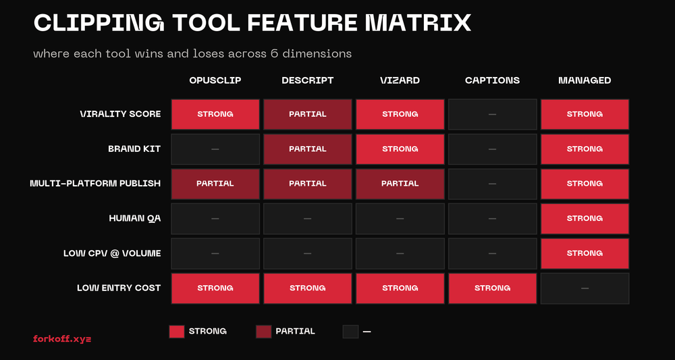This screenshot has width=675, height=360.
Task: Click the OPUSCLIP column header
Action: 215,80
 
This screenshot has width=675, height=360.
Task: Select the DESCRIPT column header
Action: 307,80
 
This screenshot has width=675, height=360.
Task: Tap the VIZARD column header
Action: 400,80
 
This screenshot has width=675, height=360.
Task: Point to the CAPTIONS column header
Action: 492,80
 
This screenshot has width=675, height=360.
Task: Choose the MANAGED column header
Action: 585,80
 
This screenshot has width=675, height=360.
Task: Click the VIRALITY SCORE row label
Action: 120,114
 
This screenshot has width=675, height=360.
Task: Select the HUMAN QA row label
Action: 134,218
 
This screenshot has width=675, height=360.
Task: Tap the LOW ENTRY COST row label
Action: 119,288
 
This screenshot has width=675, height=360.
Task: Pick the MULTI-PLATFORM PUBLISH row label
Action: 95,184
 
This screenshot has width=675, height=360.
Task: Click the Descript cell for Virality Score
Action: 307,114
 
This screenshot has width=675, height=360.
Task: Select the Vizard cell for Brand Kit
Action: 400,149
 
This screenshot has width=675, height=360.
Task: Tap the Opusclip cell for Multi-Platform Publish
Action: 215,184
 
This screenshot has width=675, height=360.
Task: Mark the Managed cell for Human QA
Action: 585,218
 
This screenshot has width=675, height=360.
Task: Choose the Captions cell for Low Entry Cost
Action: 492,288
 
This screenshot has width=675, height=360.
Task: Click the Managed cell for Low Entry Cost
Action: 585,288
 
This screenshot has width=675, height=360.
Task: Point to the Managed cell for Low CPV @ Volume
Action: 585,253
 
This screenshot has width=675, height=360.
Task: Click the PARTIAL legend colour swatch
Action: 263,331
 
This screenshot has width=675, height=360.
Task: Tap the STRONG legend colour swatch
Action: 176,331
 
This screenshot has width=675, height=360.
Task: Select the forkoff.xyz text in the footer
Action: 62,338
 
